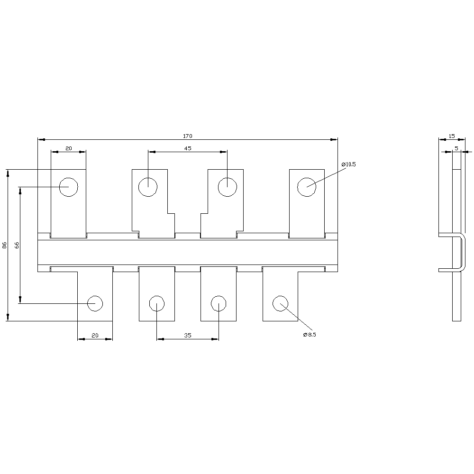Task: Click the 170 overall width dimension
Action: coord(187,136)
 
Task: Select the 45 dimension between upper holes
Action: coord(187,148)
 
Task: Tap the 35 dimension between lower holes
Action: coord(188,335)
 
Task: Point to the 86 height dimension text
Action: coord(5,245)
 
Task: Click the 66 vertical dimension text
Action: coord(17,245)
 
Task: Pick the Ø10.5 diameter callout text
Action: coord(348,164)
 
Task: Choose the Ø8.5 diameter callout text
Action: coord(309,335)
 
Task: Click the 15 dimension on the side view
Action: coord(452,136)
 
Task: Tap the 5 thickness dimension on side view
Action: coord(456,148)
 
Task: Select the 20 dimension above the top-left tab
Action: coord(69,148)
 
